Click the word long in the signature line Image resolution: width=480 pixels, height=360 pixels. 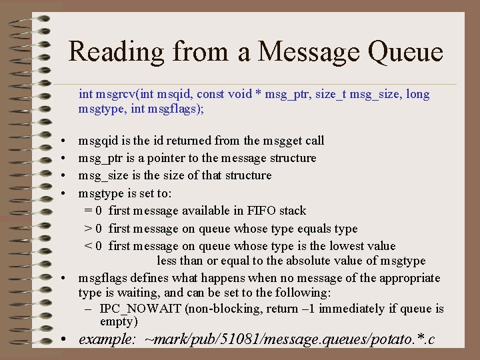[417, 94]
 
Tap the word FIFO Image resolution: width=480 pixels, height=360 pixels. [261, 211]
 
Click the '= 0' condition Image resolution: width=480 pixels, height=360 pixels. [93, 211]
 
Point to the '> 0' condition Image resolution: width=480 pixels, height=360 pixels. [93, 229]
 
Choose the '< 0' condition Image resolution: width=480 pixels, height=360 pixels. [93, 246]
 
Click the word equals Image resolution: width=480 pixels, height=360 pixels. [307, 229]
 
